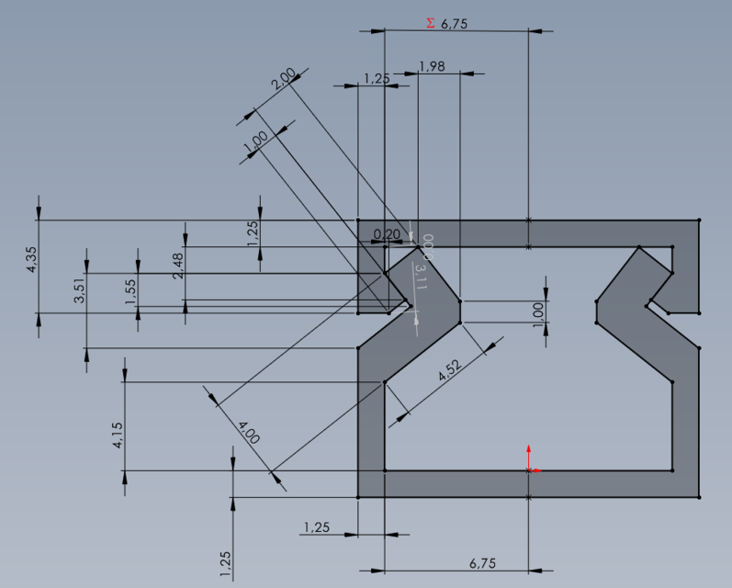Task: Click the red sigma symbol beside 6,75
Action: point(431,24)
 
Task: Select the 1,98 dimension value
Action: point(431,65)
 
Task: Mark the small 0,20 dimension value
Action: point(388,234)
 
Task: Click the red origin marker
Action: point(529,469)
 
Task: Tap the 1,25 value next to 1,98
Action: point(376,79)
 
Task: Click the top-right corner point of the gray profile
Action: point(699,220)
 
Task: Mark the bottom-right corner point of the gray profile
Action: point(699,497)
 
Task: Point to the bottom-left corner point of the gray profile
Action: point(357,497)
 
